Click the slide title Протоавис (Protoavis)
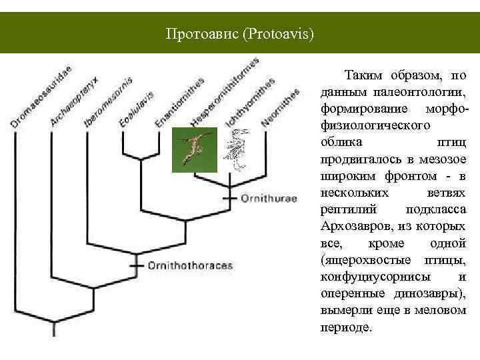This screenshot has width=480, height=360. [x=240, y=33]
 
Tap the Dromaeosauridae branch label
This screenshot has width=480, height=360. [x=42, y=95]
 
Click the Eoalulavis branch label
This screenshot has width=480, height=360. [x=137, y=107]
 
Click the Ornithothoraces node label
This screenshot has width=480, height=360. [x=190, y=265]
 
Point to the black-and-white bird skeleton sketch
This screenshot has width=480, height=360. [x=236, y=150]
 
